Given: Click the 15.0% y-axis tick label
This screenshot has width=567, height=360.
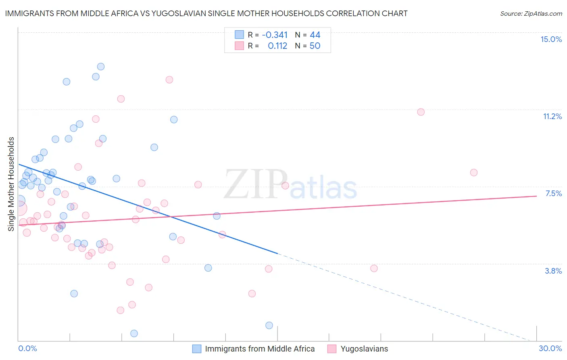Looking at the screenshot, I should click(551, 39).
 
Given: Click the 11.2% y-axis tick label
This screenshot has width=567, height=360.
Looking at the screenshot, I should click(552, 116).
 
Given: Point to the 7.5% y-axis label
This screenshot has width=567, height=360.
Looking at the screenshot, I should click(553, 193).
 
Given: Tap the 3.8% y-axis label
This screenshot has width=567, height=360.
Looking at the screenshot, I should click(553, 271).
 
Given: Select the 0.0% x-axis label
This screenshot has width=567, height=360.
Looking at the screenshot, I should click(27, 348).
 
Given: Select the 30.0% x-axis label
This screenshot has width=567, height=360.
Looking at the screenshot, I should click(550, 348).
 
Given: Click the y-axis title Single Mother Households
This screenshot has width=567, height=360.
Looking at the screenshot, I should click(11, 184).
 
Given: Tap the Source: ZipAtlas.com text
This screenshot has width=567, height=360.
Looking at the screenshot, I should click(531, 13).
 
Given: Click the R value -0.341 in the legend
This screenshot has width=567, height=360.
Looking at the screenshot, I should click(274, 35).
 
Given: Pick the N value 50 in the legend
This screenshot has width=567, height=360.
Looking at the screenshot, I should click(315, 46).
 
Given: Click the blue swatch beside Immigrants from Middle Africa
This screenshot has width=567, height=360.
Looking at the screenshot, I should click(196, 349).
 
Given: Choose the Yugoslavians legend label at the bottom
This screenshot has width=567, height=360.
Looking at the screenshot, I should click(364, 349).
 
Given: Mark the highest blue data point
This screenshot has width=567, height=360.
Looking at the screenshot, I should click(101, 67).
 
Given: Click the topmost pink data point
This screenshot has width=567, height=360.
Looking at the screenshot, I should click(169, 80).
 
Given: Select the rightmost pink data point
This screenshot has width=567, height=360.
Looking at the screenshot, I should click(474, 172).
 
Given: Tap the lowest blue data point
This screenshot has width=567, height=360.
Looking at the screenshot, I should click(134, 333).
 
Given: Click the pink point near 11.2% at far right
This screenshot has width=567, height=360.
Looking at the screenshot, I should click(421, 112).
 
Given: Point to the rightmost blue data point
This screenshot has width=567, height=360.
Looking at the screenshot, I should click(269, 325).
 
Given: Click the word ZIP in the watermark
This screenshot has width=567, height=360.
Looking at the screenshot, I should click(255, 185).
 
